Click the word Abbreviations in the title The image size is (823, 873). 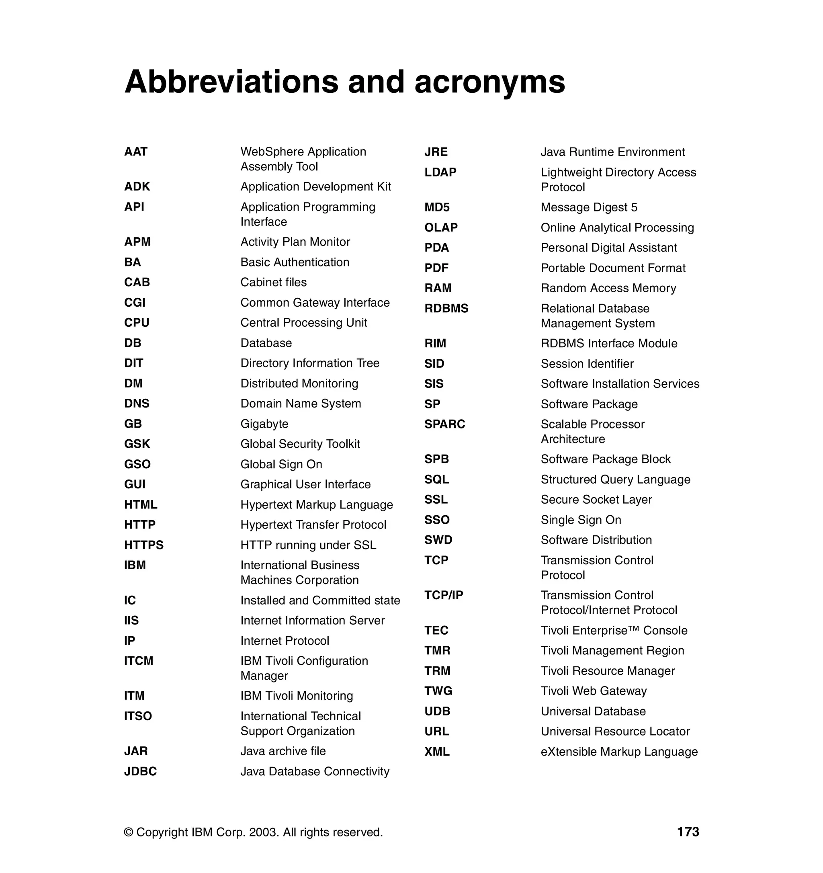(x=232, y=82)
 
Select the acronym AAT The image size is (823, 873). (x=136, y=152)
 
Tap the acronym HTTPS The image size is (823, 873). (x=143, y=545)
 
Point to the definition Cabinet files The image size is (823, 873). (x=273, y=283)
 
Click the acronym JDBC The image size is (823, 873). (x=140, y=772)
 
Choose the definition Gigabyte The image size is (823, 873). (x=264, y=424)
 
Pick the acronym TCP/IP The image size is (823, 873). (x=443, y=596)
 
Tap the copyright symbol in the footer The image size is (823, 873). (x=129, y=832)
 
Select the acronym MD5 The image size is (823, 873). (x=437, y=207)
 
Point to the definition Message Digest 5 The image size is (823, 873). (x=589, y=207)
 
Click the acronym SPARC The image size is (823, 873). (x=444, y=424)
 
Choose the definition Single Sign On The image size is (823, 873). (x=581, y=520)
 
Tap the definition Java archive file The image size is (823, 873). (x=283, y=751)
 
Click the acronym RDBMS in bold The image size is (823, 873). (x=446, y=309)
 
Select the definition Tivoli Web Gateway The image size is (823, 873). (x=594, y=691)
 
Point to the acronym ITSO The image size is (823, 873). (x=138, y=716)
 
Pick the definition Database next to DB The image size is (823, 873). (x=266, y=343)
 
